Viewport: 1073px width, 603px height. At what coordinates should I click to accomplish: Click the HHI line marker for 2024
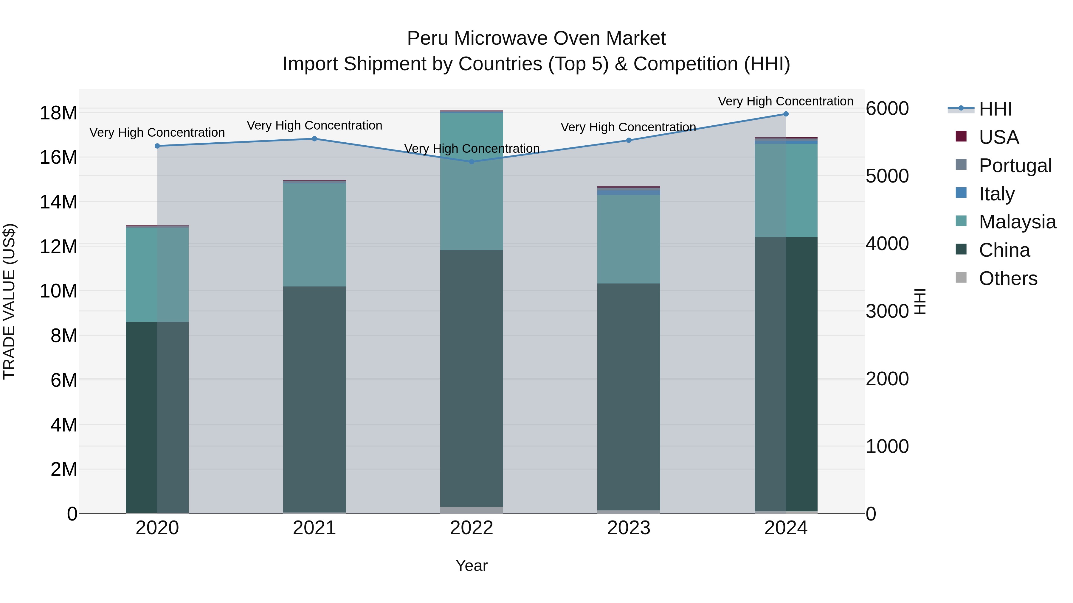[x=786, y=114]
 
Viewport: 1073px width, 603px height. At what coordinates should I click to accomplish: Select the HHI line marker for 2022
[x=472, y=162]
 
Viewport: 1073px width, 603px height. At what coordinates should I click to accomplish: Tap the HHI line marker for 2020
[x=157, y=146]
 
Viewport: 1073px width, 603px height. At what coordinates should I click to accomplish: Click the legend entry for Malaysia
[x=1017, y=222]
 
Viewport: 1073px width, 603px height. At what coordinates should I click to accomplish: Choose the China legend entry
[x=1004, y=250]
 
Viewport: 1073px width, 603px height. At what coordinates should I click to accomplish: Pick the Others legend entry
[x=1008, y=278]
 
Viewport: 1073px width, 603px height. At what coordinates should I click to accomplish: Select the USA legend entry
[x=998, y=137]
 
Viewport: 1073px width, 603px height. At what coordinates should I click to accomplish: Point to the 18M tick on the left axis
[x=58, y=113]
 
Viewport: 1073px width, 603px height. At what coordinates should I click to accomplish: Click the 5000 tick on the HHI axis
[x=887, y=176]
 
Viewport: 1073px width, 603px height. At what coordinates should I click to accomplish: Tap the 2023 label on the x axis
[x=629, y=528]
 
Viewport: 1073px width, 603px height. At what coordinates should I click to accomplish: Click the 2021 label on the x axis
[x=314, y=528]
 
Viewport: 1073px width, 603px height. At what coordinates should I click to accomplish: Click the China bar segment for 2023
[x=629, y=395]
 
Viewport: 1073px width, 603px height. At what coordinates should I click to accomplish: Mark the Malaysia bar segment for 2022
[x=472, y=181]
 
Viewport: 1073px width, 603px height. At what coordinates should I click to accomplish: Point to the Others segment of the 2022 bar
[x=472, y=510]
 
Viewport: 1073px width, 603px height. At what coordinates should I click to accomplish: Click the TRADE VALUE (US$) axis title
[x=9, y=301]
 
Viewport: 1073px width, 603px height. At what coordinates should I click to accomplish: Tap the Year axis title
[x=472, y=565]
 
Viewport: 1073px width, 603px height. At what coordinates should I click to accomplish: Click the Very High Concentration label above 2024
[x=786, y=101]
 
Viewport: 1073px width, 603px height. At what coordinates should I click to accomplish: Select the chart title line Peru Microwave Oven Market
[x=536, y=38]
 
